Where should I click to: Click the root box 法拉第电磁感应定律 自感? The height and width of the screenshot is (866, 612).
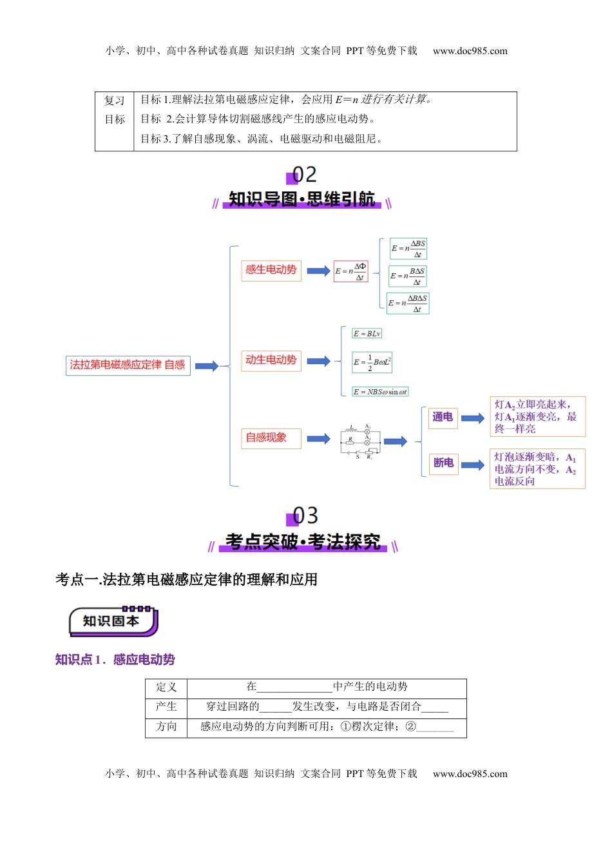(128, 365)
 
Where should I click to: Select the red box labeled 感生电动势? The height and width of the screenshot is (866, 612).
(271, 270)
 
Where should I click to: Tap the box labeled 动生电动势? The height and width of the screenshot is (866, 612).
(271, 360)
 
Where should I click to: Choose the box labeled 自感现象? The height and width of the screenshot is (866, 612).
(271, 438)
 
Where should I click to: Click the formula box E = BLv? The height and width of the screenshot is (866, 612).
(367, 334)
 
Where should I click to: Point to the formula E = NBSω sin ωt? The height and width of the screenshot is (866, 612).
(380, 392)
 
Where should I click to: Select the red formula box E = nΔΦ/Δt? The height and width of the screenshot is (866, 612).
(350, 271)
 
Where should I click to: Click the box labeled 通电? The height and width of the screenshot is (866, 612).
(443, 418)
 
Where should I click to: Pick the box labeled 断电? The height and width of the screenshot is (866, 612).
(443, 463)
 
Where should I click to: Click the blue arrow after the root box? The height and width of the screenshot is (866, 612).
(207, 366)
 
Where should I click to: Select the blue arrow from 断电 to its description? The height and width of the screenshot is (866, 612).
(473, 465)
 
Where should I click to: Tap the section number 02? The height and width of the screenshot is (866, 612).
(303, 175)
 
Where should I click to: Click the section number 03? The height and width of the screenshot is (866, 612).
(304, 515)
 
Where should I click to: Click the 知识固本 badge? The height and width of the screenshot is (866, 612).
(113, 621)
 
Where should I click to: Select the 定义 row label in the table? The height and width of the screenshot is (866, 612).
(166, 688)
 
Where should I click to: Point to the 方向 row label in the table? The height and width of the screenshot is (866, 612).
(166, 727)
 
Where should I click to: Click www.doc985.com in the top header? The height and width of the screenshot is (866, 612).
(470, 51)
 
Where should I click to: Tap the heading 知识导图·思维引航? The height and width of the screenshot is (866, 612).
(301, 200)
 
